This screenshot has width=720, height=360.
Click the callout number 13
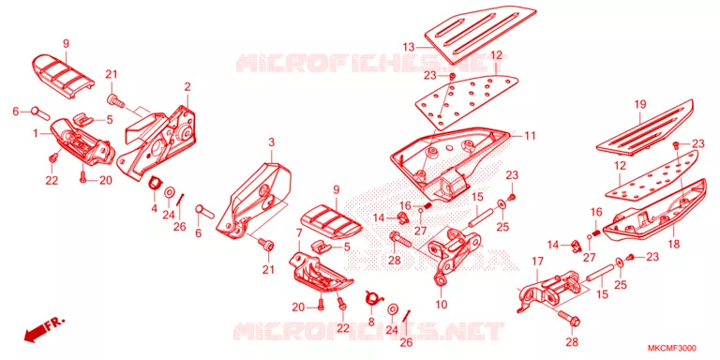(409, 47)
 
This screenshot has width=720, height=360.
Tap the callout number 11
(530, 135)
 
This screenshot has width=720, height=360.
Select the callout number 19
(640, 104)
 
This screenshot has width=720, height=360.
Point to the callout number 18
(673, 244)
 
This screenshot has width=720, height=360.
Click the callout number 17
(538, 262)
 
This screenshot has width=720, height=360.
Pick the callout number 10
(442, 304)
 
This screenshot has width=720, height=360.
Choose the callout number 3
(271, 142)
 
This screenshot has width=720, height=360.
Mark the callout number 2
(187, 86)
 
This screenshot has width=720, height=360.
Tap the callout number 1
(36, 134)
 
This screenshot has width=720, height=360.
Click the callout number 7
(299, 233)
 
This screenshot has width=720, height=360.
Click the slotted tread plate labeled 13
(480, 33)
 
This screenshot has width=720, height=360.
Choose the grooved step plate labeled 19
(645, 126)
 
